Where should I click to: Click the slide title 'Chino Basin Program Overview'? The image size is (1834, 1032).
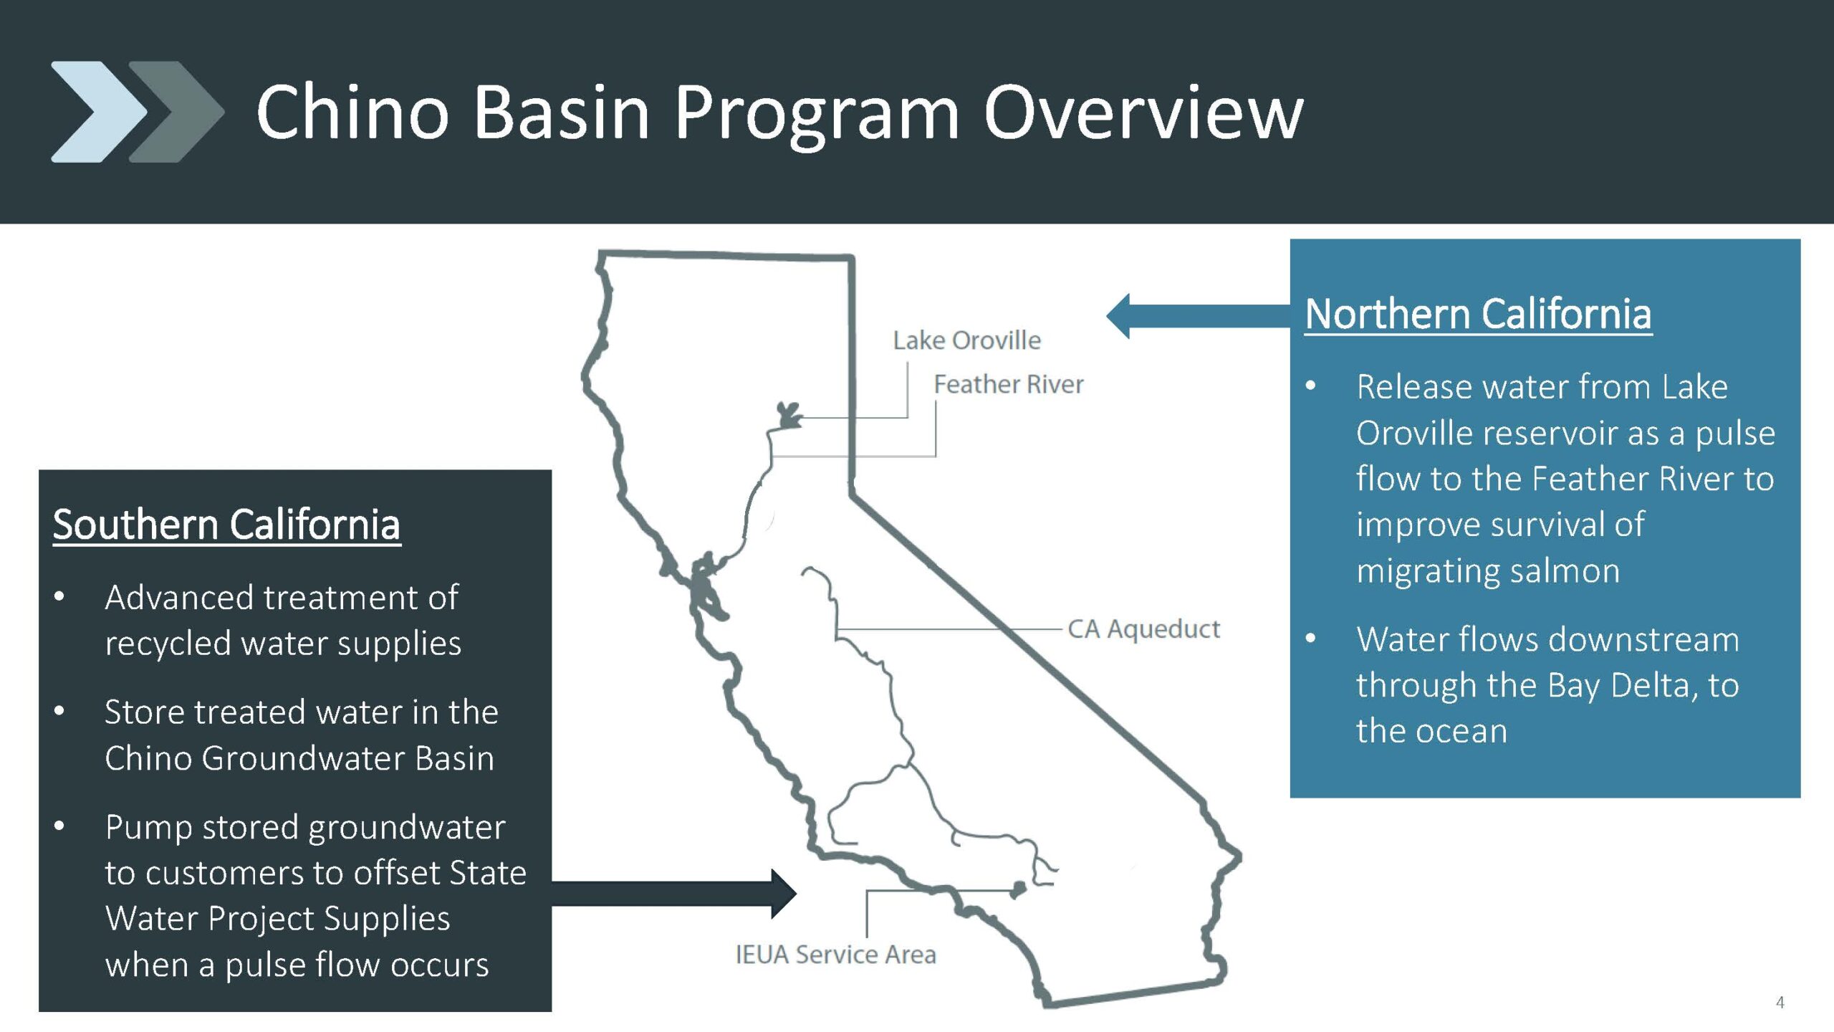(x=779, y=113)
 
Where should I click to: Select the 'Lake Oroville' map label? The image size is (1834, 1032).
(x=966, y=340)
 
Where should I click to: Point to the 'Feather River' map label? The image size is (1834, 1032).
(x=1008, y=384)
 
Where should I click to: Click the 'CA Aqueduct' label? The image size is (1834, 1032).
(x=1143, y=629)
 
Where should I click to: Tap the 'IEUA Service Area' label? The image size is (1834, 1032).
(x=835, y=955)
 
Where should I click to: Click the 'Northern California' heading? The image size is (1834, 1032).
(x=1478, y=315)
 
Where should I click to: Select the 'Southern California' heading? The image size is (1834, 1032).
(x=226, y=525)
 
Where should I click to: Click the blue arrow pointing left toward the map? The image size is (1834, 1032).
(x=1198, y=316)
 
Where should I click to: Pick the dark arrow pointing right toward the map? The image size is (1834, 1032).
(x=673, y=894)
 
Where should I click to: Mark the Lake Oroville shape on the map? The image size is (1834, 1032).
(x=789, y=415)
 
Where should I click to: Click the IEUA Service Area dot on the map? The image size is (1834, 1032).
(x=1017, y=890)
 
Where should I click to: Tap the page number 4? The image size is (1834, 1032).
(x=1780, y=1003)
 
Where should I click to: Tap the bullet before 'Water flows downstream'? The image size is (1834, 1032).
(x=1311, y=638)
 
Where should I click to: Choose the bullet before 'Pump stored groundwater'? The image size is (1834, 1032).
(x=59, y=826)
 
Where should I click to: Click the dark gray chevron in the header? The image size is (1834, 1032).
(x=176, y=112)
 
